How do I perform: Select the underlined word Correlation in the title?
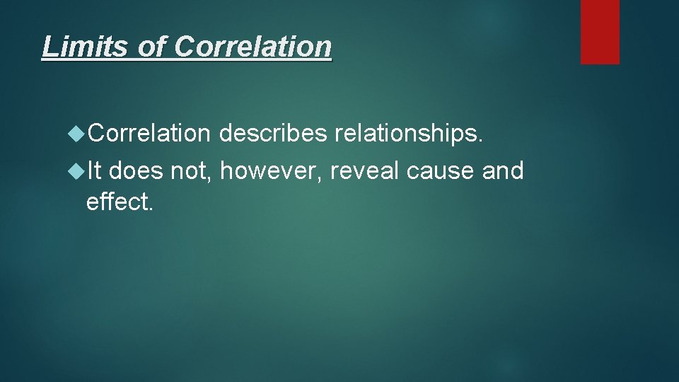[253, 47]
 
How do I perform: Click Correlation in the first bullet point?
[149, 133]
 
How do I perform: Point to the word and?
[503, 170]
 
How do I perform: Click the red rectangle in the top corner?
[600, 32]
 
